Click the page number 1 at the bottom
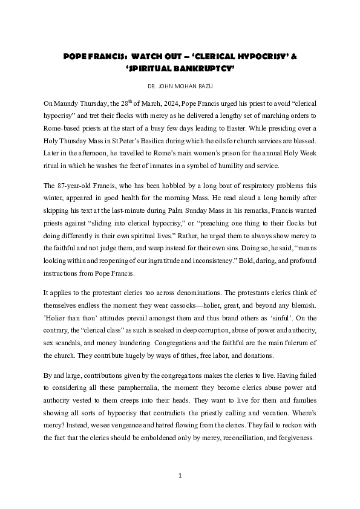pos(180,476)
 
